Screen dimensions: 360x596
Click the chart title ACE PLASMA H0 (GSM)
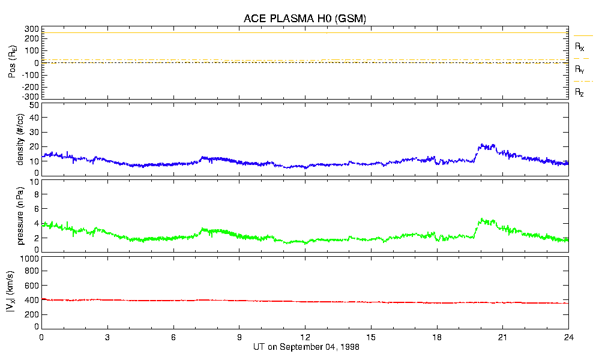tap(305, 19)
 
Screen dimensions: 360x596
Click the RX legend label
tap(579, 47)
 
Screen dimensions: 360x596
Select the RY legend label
tap(579, 70)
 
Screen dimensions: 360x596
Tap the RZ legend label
tap(579, 92)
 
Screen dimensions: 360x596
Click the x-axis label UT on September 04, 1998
tap(305, 347)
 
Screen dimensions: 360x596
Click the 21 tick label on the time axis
tap(503, 337)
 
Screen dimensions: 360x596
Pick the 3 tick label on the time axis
tap(107, 337)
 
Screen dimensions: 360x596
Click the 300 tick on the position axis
tap(32, 29)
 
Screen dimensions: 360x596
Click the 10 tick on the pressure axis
tap(34, 182)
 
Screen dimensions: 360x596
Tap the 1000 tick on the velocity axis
tap(30, 259)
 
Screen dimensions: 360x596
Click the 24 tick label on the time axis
tap(568, 337)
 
